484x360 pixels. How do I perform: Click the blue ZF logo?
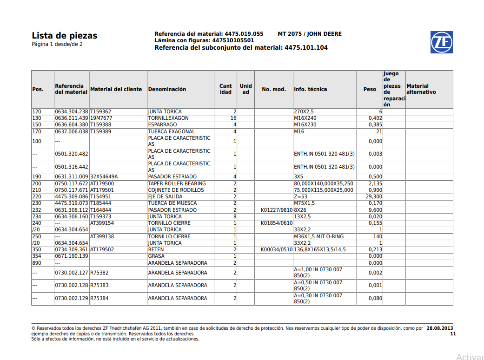tap(441, 42)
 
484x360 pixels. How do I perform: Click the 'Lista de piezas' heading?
tap(65, 36)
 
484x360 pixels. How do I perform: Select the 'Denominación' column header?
tap(167, 89)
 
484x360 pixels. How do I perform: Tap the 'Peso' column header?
tap(370, 89)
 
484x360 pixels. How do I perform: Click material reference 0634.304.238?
tap(72, 112)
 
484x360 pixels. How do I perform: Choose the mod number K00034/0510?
tap(277, 250)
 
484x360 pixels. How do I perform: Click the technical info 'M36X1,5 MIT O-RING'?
tap(319, 236)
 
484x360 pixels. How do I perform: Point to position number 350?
tap(37, 250)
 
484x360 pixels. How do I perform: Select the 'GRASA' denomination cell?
tap(156, 256)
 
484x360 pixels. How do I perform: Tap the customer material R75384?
tap(99, 298)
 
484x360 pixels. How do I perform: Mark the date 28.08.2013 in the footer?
tap(440, 328)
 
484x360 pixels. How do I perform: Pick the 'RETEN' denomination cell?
tap(157, 250)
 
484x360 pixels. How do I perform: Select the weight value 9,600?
tap(374, 210)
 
